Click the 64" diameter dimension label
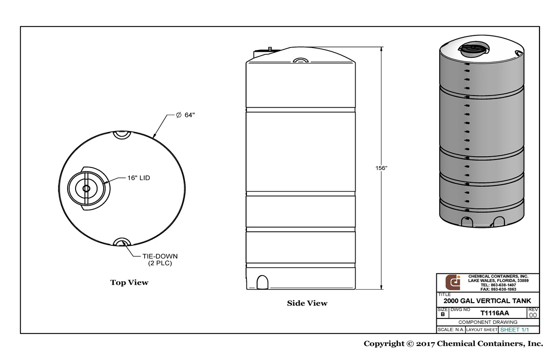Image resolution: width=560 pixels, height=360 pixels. [x=185, y=116]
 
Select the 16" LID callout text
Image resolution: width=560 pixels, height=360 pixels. [x=139, y=178]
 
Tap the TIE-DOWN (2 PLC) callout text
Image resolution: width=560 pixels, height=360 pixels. [x=160, y=260]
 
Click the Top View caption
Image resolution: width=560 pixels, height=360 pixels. [x=129, y=283]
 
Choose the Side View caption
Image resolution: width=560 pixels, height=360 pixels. [x=307, y=304]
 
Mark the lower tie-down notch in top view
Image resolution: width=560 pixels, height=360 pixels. [x=122, y=242]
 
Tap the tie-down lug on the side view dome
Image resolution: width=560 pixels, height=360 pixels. [x=301, y=60]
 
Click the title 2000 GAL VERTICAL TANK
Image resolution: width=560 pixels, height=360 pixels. [x=487, y=301]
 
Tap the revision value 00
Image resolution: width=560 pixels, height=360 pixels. [x=533, y=315]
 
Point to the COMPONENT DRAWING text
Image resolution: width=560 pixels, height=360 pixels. [x=487, y=322]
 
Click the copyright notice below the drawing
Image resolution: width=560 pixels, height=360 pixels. [x=453, y=344]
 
